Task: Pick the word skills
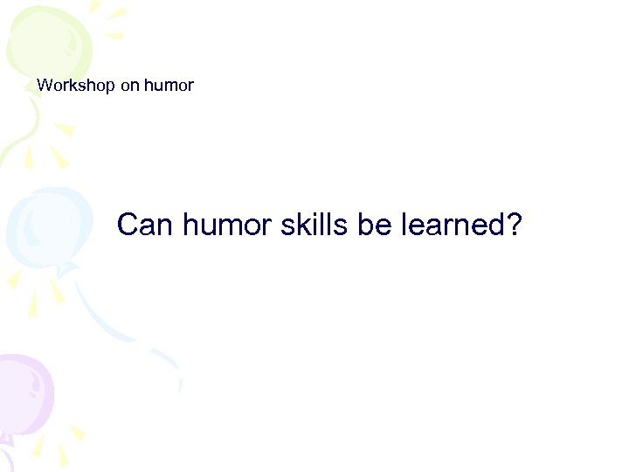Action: tap(315, 225)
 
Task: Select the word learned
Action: tap(453, 225)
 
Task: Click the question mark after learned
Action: tap(514, 225)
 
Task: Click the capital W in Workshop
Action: tap(44, 86)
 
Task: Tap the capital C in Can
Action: tap(128, 225)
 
